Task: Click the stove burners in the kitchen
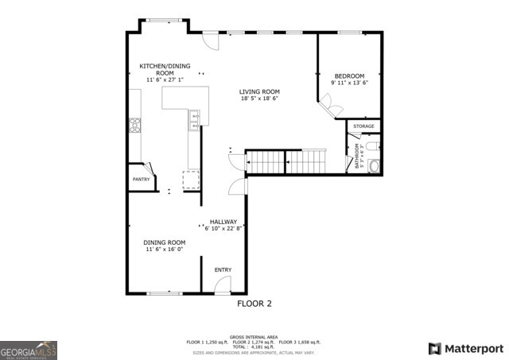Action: (x=134, y=124)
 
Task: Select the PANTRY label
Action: (x=140, y=180)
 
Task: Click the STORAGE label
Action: (x=363, y=126)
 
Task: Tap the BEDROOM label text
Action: (x=350, y=75)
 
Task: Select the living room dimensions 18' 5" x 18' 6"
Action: (x=260, y=99)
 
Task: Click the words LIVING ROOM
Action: (x=260, y=91)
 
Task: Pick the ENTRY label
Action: (x=223, y=270)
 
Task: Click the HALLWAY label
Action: (x=223, y=221)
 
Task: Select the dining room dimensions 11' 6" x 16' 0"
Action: (x=165, y=250)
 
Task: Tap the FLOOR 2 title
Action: (x=254, y=303)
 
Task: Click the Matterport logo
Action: (x=465, y=348)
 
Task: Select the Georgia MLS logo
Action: (x=29, y=350)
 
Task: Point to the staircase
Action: (x=286, y=162)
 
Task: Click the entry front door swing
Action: (x=223, y=288)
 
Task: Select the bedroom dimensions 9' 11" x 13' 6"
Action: (x=350, y=83)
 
